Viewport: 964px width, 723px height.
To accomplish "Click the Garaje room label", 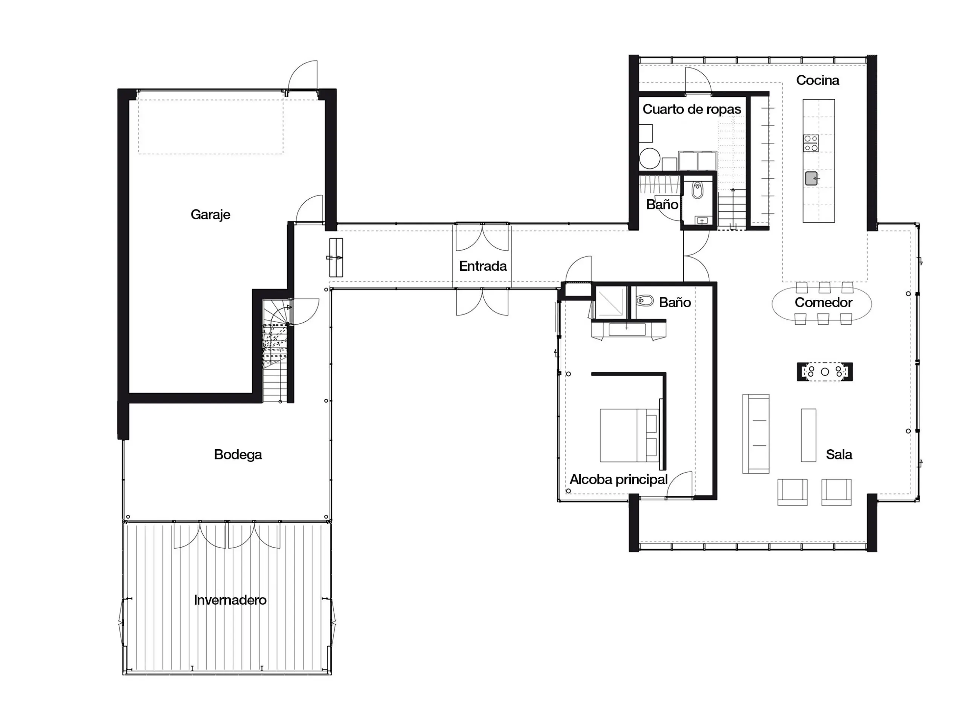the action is tap(210, 214).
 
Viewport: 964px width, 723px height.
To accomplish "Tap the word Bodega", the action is tap(238, 455).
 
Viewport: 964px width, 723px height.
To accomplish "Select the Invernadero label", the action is tap(230, 600).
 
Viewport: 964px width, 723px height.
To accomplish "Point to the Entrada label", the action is tap(483, 266).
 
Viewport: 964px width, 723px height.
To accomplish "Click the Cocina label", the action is tap(818, 80).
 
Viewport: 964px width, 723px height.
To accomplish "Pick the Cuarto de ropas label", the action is tap(692, 109).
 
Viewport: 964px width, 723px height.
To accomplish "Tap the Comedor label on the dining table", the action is tap(823, 302).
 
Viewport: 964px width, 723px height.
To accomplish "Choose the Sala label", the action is tap(839, 455).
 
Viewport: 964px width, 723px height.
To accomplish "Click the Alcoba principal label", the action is tap(618, 479).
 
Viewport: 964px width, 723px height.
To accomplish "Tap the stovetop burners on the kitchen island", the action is tap(811, 143).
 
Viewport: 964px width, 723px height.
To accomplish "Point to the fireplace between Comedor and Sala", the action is tap(825, 372).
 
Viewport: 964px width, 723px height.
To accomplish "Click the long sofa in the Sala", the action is tap(756, 434).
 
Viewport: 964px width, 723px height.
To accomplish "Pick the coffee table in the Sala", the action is tap(808, 435).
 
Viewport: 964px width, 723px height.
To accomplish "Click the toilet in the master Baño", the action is tap(645, 301).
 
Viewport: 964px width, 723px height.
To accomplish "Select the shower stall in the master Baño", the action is tap(611, 301).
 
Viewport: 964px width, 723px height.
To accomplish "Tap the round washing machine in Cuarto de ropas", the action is tap(649, 159).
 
